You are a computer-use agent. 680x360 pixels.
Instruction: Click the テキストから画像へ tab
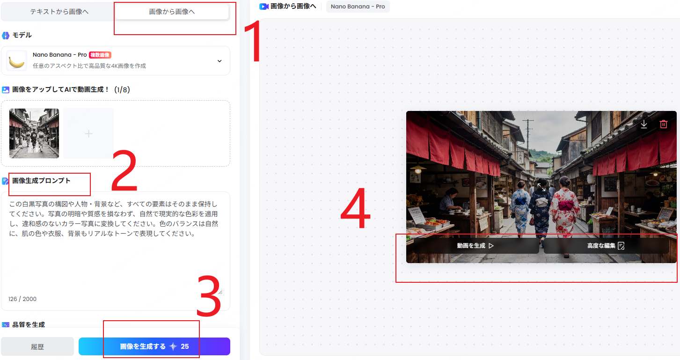click(59, 12)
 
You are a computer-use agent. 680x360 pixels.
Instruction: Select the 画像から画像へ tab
click(172, 12)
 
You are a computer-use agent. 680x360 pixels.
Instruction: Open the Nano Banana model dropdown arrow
click(219, 61)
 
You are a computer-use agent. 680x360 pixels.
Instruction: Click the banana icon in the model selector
click(16, 61)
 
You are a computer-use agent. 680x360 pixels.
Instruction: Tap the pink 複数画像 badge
click(100, 55)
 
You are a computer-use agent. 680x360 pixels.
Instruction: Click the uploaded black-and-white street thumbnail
click(34, 133)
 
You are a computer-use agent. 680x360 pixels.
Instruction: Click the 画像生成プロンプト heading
click(41, 181)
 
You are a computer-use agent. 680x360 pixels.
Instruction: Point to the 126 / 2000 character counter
click(22, 299)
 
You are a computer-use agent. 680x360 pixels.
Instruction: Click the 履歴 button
click(37, 346)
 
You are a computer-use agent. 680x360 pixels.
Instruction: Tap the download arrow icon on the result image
click(644, 124)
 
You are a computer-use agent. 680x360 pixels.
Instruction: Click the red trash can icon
click(663, 124)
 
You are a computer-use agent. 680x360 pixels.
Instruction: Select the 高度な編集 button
click(606, 246)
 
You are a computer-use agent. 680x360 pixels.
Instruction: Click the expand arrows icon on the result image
click(541, 187)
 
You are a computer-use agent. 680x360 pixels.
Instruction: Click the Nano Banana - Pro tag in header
click(358, 7)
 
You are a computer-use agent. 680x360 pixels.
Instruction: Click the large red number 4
click(356, 213)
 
